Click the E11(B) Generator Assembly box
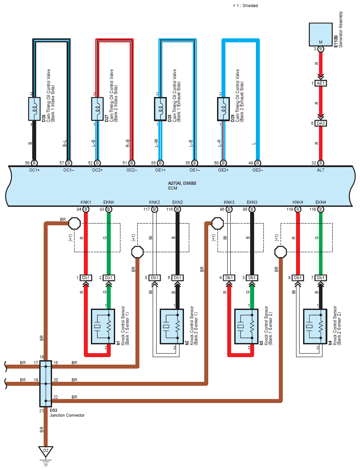pos(320,34)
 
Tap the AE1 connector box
pos(321,83)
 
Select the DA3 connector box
pos(321,123)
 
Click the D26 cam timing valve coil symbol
pos(34,109)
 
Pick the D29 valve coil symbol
pos(223,109)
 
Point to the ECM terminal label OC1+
pos(34,170)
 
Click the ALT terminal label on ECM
pos(321,170)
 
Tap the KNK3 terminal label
pos(229,202)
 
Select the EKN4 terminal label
pos(321,202)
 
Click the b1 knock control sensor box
pos(103,326)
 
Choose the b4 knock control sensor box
pos(315,326)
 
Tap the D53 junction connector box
pos(45,384)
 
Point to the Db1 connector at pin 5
pos(154,278)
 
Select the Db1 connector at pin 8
pos(298,278)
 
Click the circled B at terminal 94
pos(86,209)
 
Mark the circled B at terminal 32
pos(321,163)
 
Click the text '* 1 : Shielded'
pos(245,5)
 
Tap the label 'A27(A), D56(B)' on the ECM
pos(182,183)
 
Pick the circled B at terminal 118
pos(321,209)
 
